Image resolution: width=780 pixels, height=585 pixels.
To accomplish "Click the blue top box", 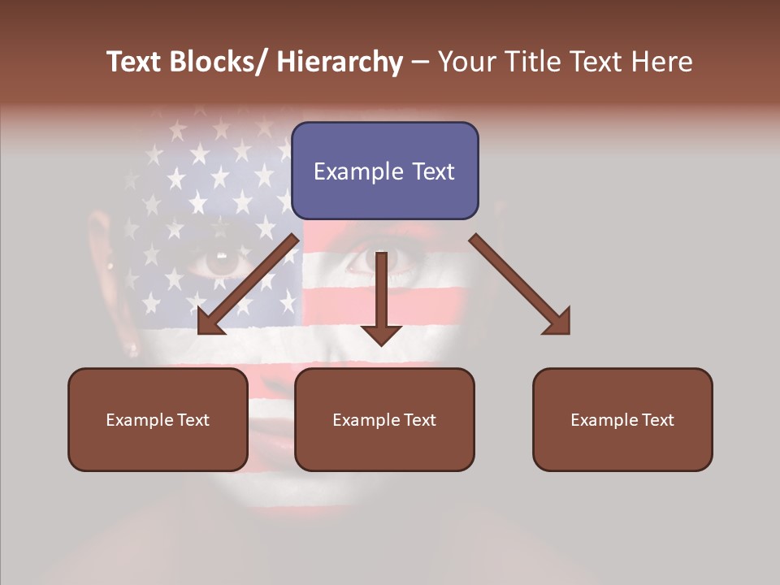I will point(384,171).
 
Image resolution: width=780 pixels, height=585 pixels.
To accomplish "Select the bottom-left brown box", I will point(158,419).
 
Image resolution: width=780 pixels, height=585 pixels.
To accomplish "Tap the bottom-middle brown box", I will point(384,419).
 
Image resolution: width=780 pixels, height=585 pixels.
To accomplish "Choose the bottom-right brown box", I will point(622,419).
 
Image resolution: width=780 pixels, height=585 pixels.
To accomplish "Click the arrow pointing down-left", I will point(248,284).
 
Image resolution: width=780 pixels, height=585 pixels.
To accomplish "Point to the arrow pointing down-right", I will point(520,284).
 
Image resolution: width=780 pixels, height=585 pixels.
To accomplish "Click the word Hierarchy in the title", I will point(340,62).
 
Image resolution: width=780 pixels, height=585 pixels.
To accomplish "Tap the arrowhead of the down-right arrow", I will point(559,323).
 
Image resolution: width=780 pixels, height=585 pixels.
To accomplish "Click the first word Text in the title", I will point(134,62).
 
